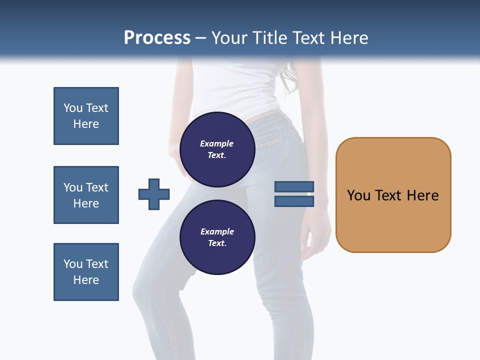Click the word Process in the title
click(157, 37)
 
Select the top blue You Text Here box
click(86, 116)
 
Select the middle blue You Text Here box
click(86, 195)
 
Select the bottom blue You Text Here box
click(86, 272)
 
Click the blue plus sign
click(154, 194)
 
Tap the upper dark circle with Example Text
click(217, 149)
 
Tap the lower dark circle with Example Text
click(217, 237)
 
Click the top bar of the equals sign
click(294, 187)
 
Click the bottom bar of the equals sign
click(294, 201)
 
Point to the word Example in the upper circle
click(217, 143)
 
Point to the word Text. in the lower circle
click(217, 243)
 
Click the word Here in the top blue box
click(86, 124)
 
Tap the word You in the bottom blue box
click(73, 264)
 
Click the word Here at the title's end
click(349, 37)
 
